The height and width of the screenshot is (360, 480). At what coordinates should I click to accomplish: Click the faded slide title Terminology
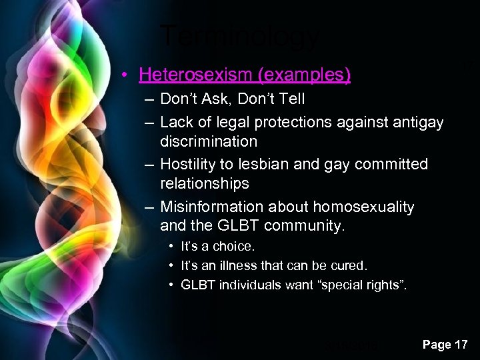240,37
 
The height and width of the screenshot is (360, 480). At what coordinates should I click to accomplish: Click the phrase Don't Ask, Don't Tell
232,99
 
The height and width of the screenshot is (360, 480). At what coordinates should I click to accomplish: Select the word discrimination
208,141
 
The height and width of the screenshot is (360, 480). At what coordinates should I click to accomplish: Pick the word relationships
204,183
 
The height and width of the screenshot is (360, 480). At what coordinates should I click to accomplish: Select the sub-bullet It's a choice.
217,247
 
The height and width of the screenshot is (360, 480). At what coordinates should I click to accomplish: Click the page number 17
460,345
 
